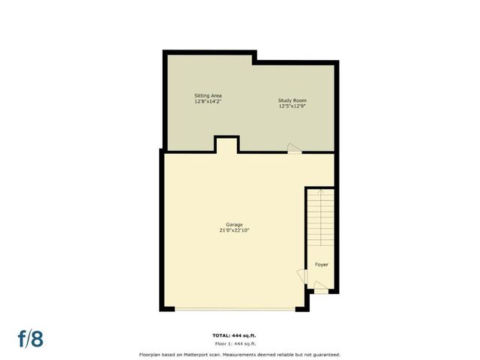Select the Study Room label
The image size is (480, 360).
point(292,100)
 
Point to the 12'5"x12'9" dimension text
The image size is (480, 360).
point(292,106)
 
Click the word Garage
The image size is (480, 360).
point(234,225)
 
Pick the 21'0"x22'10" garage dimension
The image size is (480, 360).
point(234,231)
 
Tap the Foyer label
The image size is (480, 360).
point(321,265)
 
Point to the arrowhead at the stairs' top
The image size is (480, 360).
point(322,193)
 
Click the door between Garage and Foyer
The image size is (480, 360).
point(307,277)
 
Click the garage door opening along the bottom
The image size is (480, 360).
point(234,308)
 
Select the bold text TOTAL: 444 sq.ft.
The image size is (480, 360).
point(239,335)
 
